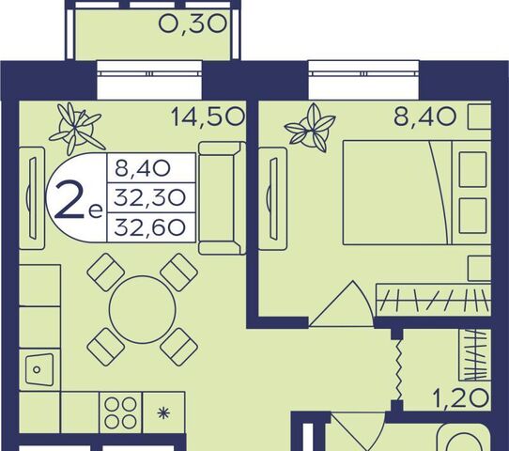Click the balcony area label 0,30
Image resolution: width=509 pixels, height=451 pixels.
(193, 24)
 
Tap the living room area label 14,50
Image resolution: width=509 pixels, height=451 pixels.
(208, 117)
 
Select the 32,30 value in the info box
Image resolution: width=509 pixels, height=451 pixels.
(150, 197)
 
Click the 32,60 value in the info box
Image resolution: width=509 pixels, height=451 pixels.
(150, 227)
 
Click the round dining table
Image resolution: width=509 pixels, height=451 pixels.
(143, 310)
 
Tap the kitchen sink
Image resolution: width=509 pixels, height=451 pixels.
(39, 369)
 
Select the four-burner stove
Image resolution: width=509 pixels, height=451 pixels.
(120, 412)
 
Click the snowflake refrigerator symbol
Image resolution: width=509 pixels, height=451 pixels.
(163, 413)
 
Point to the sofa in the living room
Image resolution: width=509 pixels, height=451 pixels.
(222, 198)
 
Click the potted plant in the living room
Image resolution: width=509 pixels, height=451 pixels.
(76, 129)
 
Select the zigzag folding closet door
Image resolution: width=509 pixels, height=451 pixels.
(398, 370)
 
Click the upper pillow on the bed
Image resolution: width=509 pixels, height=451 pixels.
(472, 169)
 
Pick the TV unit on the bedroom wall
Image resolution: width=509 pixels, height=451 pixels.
(273, 198)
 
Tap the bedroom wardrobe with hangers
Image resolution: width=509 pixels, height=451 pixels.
(433, 300)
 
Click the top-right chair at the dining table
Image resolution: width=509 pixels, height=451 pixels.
(178, 272)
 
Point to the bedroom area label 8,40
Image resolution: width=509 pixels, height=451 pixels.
(424, 117)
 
